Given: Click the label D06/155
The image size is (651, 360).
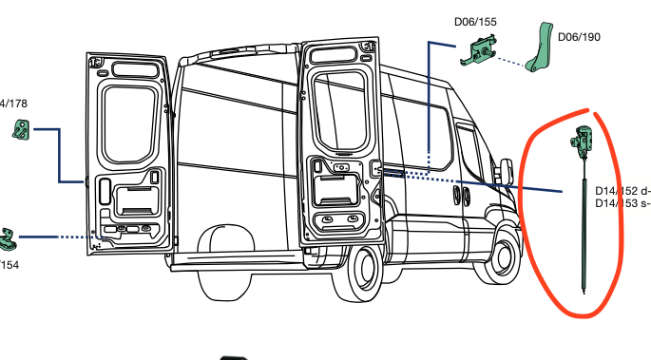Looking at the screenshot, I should coord(476,21).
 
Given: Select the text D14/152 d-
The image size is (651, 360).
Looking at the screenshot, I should coord(622,189).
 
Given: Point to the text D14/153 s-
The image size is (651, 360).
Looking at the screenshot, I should coord(622,202).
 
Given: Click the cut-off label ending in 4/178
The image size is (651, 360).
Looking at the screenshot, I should coord(13,104).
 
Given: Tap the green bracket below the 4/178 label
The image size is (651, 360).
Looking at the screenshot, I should coord(23,132).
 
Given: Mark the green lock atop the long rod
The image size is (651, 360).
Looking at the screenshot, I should coord(581,143).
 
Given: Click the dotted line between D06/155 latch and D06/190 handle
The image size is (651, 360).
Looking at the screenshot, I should coord(517,65).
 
